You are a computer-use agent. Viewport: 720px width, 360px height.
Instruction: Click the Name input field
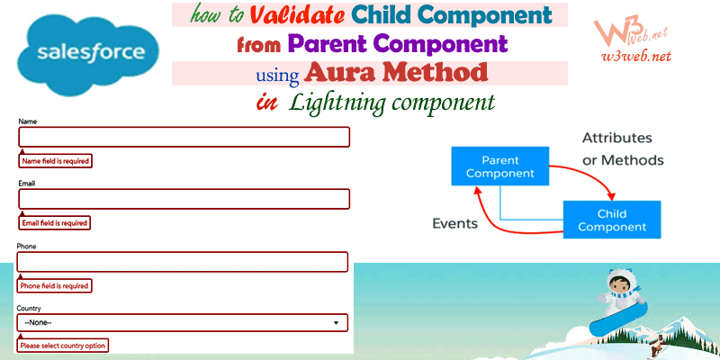184,137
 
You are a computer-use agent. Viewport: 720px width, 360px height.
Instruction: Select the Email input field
184,199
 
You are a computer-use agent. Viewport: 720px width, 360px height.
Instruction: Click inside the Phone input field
183,261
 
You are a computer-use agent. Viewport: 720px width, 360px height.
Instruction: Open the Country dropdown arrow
337,322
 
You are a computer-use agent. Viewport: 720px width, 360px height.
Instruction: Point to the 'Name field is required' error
56,161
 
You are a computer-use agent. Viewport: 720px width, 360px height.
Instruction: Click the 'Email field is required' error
56,223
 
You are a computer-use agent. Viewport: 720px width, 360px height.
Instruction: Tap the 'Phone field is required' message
56,285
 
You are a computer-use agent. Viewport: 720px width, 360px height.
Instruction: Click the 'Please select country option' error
68,346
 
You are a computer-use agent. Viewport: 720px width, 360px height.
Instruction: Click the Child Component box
612,220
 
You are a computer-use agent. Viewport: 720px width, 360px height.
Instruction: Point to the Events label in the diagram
454,223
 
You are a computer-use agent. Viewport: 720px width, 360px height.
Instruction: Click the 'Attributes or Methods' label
623,149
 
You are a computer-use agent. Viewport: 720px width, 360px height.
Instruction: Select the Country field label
29,308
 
